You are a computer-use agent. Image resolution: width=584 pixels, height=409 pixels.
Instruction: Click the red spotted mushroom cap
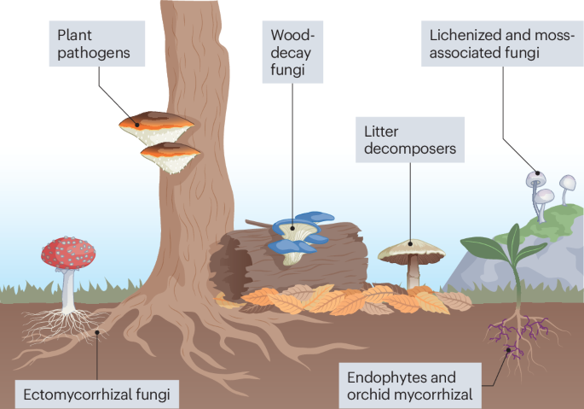tap(67, 251)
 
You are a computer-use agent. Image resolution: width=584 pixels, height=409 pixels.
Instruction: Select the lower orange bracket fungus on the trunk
tap(171, 155)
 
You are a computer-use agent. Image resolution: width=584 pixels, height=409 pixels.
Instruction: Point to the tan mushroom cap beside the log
tap(412, 249)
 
